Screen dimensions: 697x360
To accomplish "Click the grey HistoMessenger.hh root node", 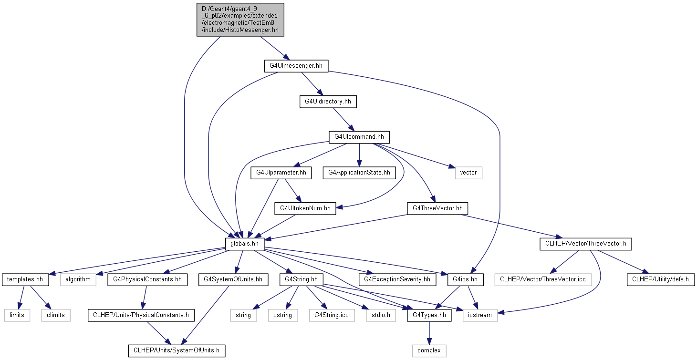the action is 240,20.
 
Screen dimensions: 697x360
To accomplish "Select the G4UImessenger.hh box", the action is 296,66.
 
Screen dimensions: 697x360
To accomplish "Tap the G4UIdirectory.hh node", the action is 328,102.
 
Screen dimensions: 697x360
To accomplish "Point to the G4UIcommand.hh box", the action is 359,137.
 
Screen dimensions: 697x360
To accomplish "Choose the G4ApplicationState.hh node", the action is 359,173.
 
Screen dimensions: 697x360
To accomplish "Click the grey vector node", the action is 468,173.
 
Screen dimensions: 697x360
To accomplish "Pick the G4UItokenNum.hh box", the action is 305,208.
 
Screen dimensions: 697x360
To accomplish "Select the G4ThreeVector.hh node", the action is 437,208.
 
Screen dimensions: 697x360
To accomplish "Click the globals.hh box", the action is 245,244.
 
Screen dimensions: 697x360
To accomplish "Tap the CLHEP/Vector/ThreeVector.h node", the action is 586,244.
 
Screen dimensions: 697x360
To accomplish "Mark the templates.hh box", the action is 25,279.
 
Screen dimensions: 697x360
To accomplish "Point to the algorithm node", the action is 78,279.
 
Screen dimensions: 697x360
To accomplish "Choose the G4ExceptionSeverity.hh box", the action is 397,279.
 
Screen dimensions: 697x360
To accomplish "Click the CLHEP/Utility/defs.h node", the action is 661,279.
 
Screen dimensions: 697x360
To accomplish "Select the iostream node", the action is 480,315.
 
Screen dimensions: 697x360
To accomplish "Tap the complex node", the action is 429,350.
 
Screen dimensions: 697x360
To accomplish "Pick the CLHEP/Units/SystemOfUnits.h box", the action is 177,350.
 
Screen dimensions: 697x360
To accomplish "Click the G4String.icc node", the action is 332,315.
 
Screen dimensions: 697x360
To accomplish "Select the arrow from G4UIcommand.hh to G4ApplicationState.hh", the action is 359,155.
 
